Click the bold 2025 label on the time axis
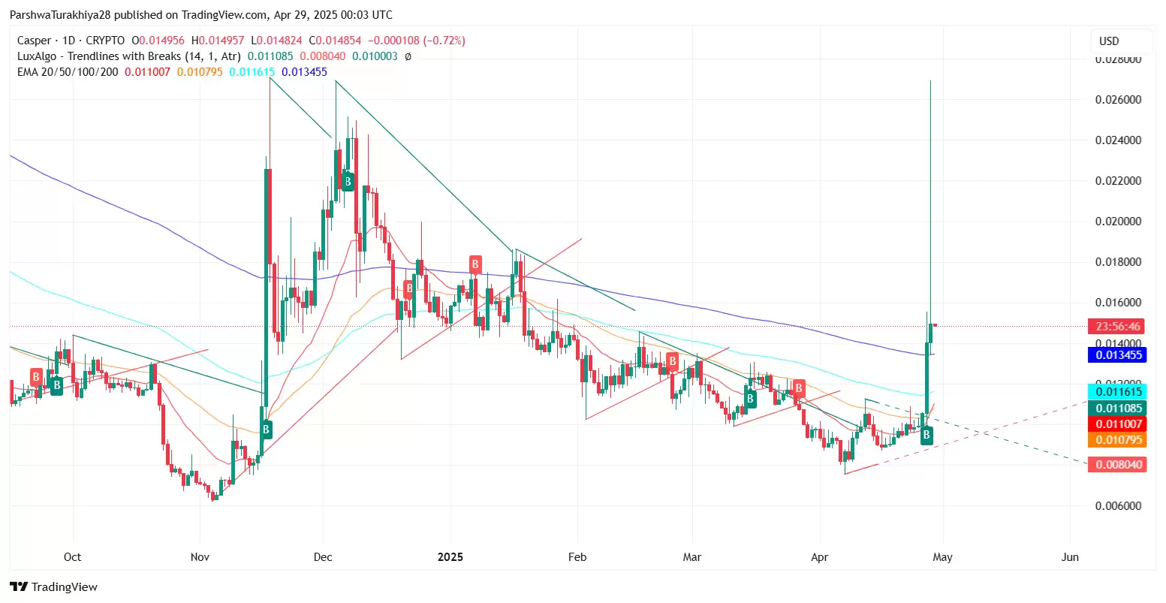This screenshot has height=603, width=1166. [450, 556]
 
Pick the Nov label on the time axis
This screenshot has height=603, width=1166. [200, 556]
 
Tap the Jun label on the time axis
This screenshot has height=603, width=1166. [1070, 556]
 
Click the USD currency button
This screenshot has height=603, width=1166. [1109, 41]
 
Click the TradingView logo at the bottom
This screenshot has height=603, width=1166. [54, 586]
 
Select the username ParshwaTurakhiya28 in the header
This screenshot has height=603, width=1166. [60, 15]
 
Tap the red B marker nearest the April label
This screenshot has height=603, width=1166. [799, 388]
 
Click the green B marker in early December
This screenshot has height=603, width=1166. [348, 180]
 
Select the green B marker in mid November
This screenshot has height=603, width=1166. [266, 430]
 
